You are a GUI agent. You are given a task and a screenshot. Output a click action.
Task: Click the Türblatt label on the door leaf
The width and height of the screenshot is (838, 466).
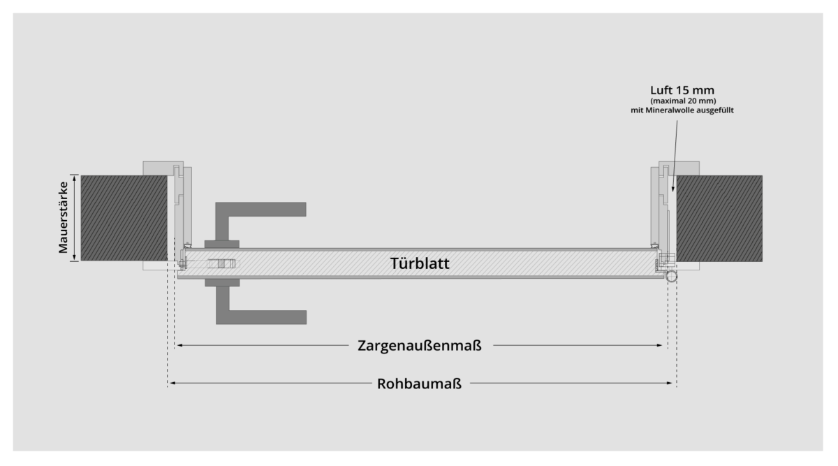coord(420,263)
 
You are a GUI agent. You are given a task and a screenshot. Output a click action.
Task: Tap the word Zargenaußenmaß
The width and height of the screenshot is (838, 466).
coord(420,345)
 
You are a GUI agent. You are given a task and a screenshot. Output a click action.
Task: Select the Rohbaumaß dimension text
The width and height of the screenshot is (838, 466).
coord(419,384)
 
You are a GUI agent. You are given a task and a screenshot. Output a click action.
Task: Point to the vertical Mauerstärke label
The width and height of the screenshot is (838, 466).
coord(64,217)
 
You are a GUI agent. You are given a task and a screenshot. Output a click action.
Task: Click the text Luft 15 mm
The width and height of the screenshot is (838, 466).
coord(682,90)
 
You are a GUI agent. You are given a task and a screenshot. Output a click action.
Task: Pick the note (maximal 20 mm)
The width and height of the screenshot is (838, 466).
coord(683,101)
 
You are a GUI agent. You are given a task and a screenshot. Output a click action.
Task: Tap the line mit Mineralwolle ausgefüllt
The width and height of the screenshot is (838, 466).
coord(682,110)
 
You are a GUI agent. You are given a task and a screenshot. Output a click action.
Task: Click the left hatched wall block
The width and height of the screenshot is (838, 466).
coord(124,218)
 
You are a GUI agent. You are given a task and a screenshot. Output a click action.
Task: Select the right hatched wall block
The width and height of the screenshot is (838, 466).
coord(719,218)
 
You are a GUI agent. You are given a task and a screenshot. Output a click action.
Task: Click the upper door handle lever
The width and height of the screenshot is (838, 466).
coord(260,210)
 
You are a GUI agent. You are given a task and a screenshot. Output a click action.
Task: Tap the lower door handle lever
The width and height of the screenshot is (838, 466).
coord(261,316)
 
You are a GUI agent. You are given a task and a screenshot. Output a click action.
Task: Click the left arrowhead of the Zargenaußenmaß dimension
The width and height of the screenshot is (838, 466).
coord(179,345)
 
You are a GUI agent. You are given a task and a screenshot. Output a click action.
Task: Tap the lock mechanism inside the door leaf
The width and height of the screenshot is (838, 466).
coord(221,264)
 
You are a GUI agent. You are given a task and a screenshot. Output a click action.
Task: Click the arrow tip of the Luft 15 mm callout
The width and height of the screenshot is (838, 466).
coord(672,190)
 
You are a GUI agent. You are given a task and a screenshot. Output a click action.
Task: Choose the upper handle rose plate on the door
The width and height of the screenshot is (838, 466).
coord(222,245)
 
